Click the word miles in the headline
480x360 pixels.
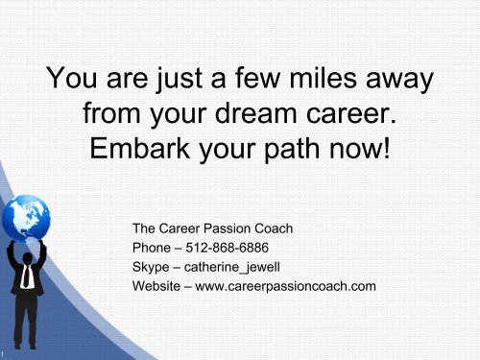pos(323,78)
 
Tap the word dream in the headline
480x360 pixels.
pos(255,112)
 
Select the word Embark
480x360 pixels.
pos(139,148)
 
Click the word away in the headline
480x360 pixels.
pos(399,80)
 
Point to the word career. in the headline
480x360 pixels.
pos(351,115)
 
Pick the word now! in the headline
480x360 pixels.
pos(360,149)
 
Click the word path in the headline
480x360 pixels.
pos(292,150)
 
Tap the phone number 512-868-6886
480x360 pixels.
pos(227,248)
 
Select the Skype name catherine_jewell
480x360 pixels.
pos(232,268)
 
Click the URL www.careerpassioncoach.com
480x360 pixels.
pos(285,286)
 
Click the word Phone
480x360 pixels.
pos(152,248)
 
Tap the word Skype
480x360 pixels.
pos(151,268)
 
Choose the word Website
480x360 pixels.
pos(156,286)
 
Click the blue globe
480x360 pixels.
pos(26,219)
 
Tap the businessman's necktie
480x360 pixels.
pos(27,276)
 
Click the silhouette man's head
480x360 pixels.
pos(28,258)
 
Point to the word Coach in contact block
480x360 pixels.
pos(274,228)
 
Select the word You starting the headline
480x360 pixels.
pos(71,78)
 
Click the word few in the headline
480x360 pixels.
pos(257,78)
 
